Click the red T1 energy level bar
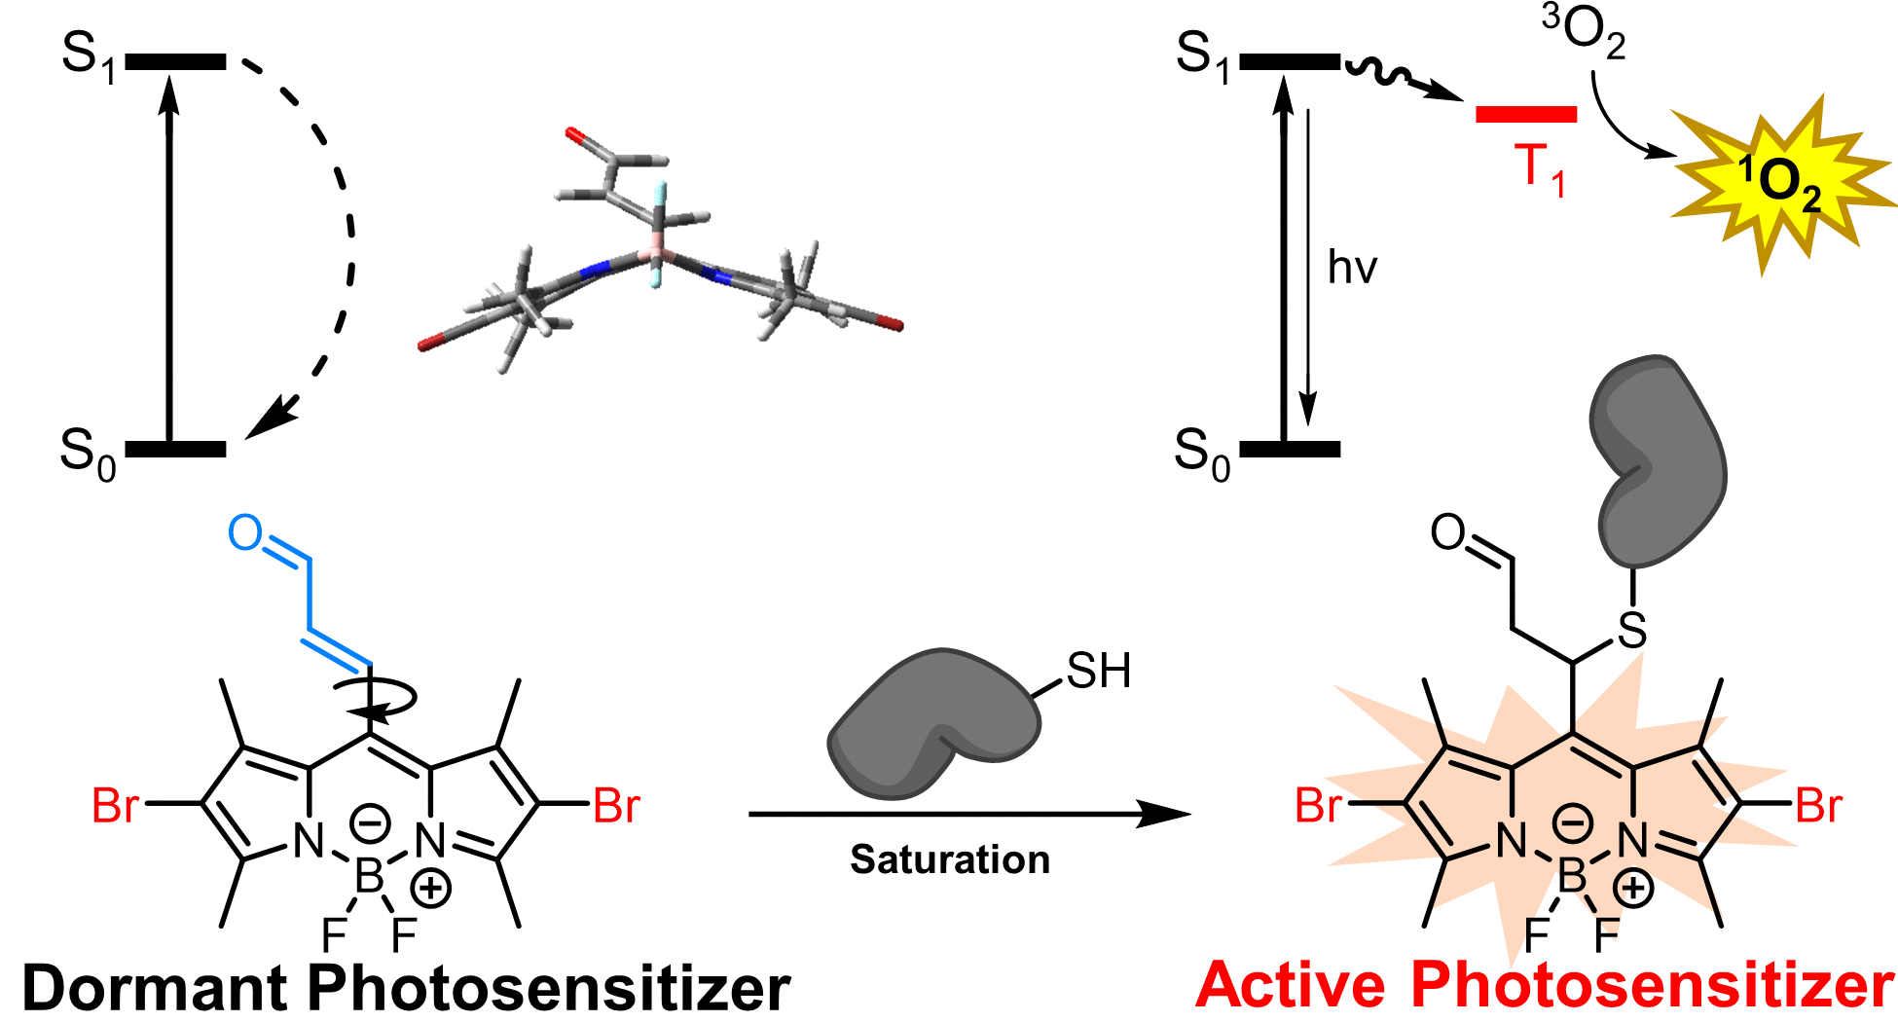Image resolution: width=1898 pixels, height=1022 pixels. [1525, 115]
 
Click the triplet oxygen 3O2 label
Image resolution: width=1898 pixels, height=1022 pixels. [1584, 32]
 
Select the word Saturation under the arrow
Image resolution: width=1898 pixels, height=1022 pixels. [949, 859]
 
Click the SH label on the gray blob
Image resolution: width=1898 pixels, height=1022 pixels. [1098, 672]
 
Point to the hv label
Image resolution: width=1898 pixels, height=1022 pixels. [1352, 268]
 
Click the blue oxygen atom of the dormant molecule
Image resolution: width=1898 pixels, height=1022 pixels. [245, 533]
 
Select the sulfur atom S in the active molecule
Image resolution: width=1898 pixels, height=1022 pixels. [1632, 631]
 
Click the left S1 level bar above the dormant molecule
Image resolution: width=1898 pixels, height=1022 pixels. [175, 62]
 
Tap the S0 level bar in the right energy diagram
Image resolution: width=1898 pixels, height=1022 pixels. [1290, 449]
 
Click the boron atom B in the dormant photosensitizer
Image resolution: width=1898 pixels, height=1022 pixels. [369, 878]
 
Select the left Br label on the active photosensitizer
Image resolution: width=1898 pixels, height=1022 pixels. [1318, 807]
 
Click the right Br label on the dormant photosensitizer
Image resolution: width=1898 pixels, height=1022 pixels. [616, 807]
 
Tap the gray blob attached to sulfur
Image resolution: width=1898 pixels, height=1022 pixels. [1660, 457]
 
